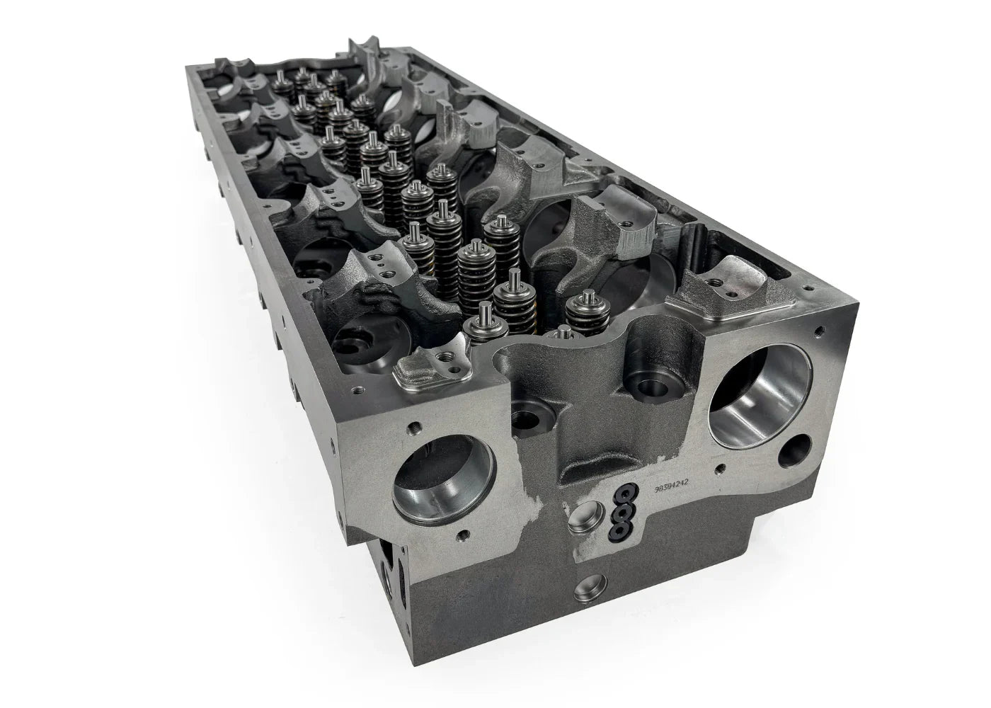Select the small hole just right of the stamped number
[720, 467]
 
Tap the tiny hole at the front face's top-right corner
[820, 330]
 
